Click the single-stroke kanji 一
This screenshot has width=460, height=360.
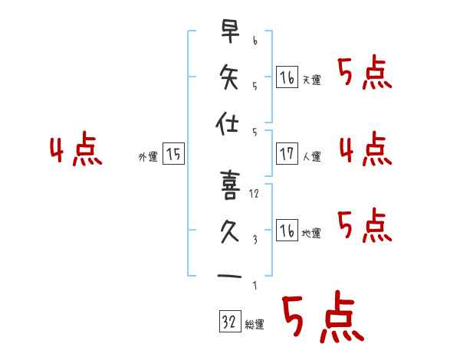pyautogui.click(x=229, y=276)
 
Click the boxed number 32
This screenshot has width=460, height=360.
pyautogui.click(x=229, y=322)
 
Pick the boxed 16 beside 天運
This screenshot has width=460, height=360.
pyautogui.click(x=287, y=77)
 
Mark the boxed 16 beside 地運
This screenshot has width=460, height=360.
pyautogui.click(x=287, y=231)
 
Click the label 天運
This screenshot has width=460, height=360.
pyautogui.click(x=312, y=80)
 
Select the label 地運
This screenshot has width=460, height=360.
pyautogui.click(x=312, y=234)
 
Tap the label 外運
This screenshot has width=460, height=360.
pyautogui.click(x=148, y=157)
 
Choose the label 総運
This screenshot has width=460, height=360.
pyautogui.click(x=255, y=325)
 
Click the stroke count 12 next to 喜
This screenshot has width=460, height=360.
pyautogui.click(x=255, y=194)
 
